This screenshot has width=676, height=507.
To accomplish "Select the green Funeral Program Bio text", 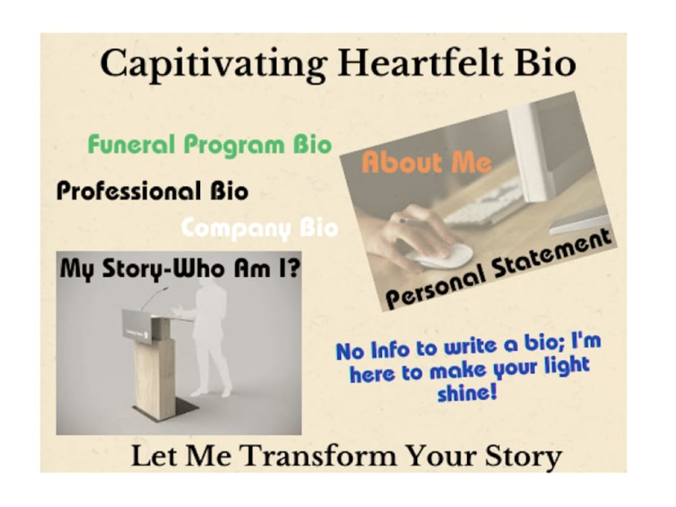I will (x=210, y=145).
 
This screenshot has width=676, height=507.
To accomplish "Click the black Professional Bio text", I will (x=152, y=191).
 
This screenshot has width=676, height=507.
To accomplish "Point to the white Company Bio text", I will (x=260, y=228).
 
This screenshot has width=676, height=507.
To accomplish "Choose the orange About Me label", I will (x=427, y=163).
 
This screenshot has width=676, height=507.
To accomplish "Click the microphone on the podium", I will (x=156, y=297).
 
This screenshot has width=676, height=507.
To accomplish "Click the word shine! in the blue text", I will (x=467, y=392).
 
